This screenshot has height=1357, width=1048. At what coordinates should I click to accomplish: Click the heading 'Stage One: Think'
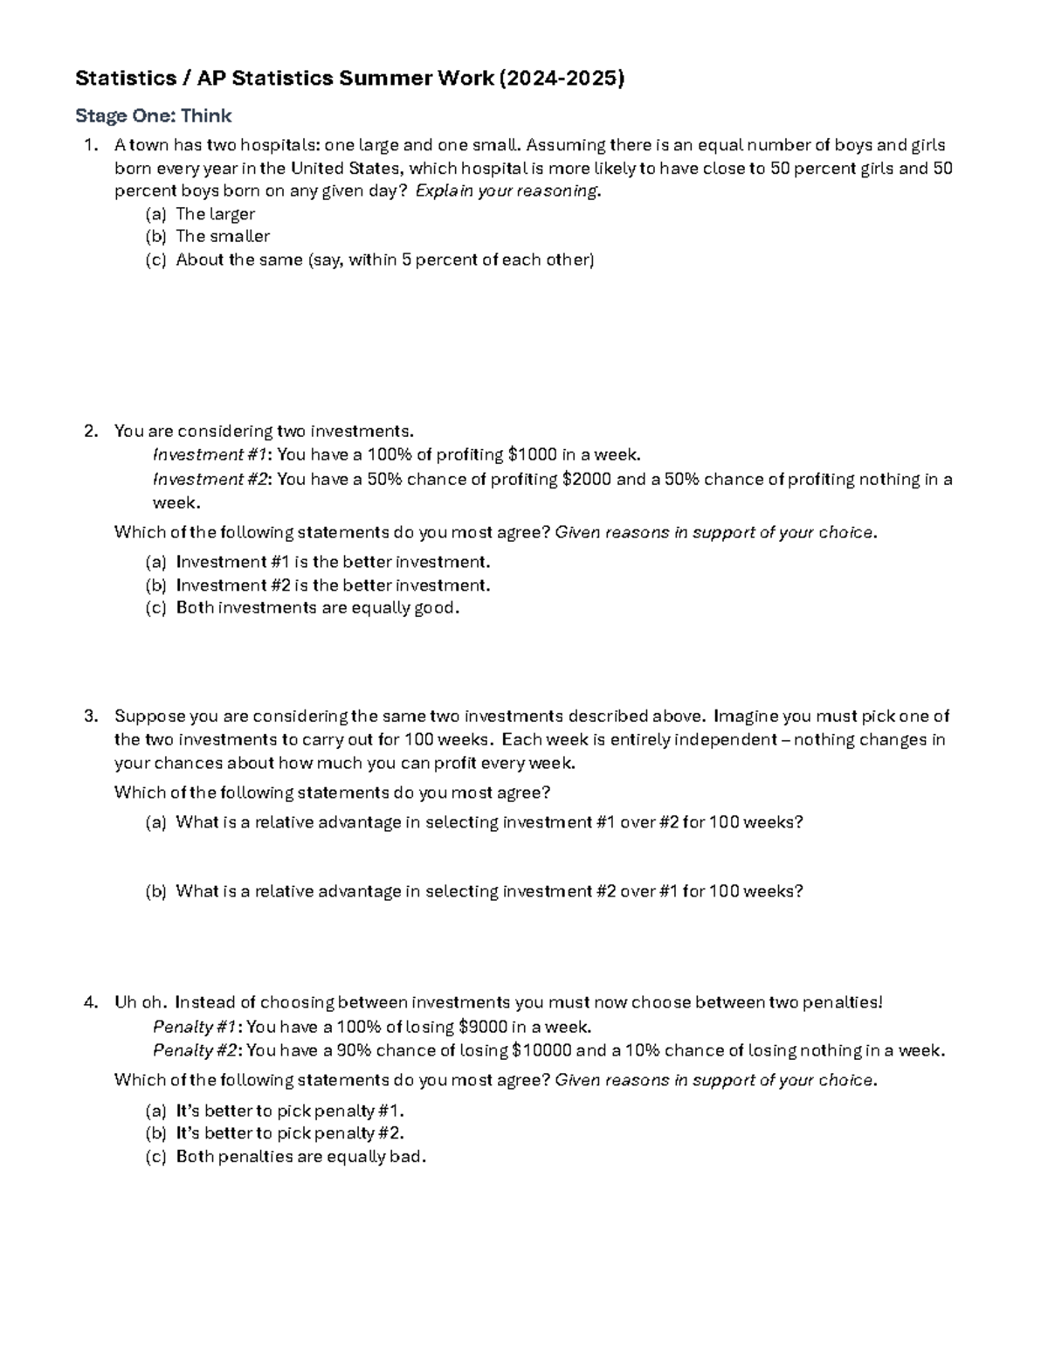[153, 116]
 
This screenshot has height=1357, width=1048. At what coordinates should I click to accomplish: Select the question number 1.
[90, 145]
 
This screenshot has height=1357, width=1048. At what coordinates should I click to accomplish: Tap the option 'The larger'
[215, 214]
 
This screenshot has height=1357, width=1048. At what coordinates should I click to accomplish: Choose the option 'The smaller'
[223, 237]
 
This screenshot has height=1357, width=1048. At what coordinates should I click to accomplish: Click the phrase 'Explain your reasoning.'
[508, 191]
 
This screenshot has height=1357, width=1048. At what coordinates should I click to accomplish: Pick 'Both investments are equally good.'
[317, 608]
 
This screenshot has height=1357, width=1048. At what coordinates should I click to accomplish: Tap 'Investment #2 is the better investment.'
[333, 585]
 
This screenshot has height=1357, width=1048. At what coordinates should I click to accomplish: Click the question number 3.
[90, 717]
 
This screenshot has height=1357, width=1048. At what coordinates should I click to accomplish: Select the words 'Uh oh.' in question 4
[140, 1003]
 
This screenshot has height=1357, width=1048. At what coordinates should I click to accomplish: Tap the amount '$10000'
[541, 1051]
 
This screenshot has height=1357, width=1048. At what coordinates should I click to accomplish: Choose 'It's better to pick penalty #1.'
[290, 1111]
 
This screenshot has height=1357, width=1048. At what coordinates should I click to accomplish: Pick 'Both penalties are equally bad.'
[300, 1157]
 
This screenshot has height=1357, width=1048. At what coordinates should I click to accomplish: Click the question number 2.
[90, 432]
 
